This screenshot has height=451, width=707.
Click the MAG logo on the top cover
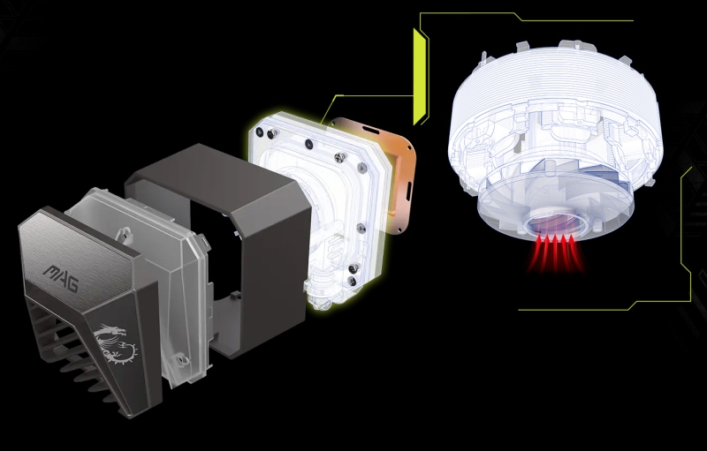(61, 278)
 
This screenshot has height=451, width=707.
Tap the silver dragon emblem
(115, 344)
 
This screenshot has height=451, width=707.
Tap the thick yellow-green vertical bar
(420, 77)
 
